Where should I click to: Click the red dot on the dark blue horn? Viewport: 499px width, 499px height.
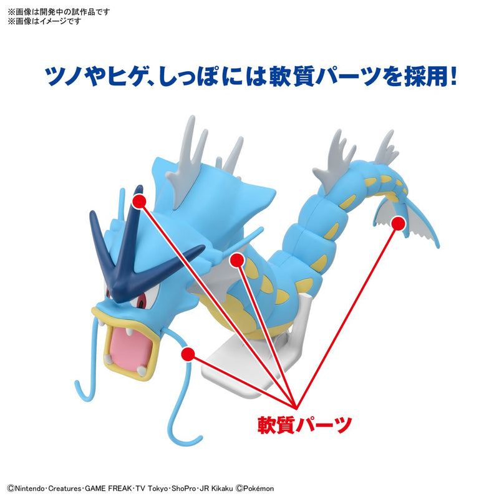(x=139, y=201)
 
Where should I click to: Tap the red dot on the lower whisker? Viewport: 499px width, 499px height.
(x=186, y=354)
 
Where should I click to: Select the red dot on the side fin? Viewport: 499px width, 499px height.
(x=235, y=259)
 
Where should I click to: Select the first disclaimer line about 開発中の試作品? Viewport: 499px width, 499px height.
(x=59, y=11)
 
